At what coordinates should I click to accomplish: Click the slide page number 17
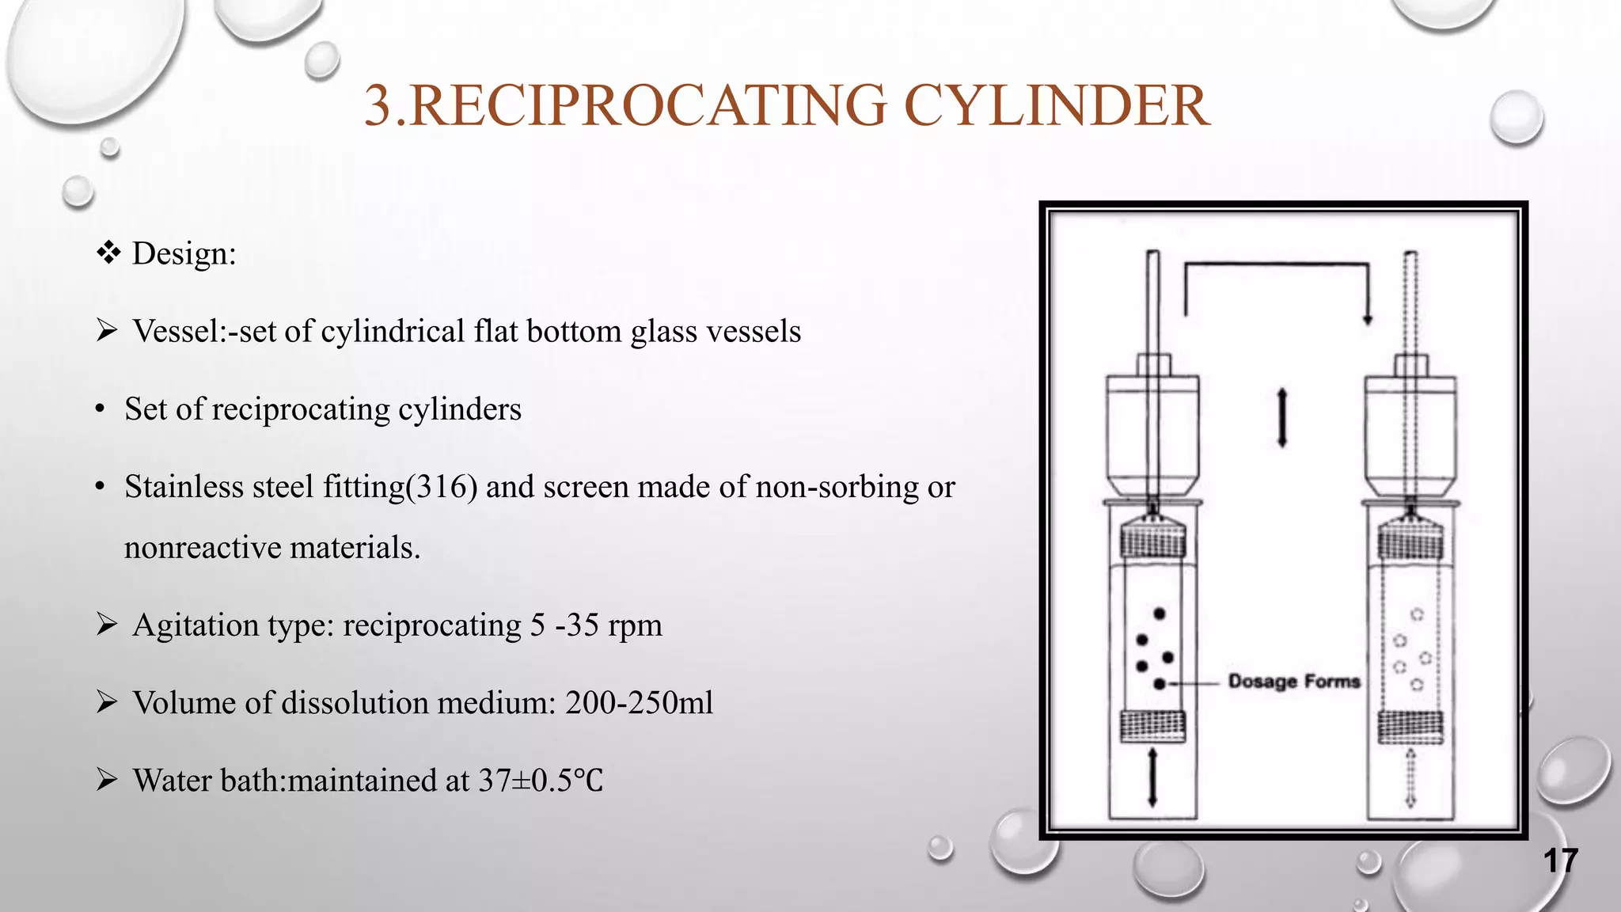[1561, 861]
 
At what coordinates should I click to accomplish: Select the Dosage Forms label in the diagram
[1293, 682]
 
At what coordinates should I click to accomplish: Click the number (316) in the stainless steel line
[442, 487]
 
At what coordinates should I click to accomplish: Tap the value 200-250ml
[639, 703]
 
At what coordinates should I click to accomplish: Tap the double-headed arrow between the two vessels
[1282, 417]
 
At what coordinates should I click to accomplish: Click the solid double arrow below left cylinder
[1152, 777]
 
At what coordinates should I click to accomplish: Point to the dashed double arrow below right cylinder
[1410, 777]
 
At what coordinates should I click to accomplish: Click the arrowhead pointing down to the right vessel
[1367, 318]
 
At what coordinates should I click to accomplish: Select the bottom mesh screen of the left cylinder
[1153, 726]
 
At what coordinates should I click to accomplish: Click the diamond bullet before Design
[108, 253]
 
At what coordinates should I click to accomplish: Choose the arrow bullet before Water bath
[107, 780]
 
